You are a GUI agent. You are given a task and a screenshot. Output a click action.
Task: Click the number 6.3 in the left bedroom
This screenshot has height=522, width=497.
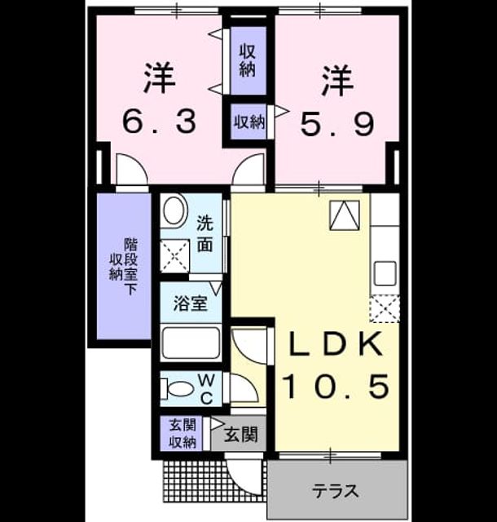tap(160, 122)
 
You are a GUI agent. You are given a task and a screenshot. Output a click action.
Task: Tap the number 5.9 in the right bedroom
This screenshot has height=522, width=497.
tap(337, 124)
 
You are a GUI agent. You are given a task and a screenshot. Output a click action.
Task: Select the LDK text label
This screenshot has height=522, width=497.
tap(336, 344)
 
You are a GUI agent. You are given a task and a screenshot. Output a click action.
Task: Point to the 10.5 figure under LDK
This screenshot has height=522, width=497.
tap(336, 386)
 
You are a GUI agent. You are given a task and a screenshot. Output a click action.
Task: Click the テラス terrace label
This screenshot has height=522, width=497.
tap(336, 491)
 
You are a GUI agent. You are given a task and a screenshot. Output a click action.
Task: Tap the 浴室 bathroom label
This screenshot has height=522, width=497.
tap(191, 303)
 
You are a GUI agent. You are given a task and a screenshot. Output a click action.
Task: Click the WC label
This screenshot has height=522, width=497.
tap(207, 388)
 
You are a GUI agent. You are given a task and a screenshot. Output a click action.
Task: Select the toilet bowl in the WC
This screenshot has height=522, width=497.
tap(178, 388)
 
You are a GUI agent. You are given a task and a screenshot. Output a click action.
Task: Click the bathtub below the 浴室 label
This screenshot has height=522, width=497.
tap(191, 343)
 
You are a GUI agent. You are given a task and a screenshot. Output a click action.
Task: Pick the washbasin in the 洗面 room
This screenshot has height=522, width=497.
tap(174, 211)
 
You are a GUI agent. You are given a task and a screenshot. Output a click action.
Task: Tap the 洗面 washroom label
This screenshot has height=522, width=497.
tap(205, 233)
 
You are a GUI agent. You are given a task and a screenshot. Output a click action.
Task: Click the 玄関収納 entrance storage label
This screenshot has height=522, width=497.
tap(183, 434)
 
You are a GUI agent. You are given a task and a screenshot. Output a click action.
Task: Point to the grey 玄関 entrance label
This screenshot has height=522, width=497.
tap(240, 434)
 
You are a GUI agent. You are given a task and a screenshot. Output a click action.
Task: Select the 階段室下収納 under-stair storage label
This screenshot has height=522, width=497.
tap(124, 267)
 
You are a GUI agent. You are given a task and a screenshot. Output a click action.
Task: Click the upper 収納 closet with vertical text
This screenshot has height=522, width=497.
tap(248, 60)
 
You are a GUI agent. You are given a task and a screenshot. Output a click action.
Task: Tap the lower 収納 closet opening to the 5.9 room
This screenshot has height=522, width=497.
tap(249, 122)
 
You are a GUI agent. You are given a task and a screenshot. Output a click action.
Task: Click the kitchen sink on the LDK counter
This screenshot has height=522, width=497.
tap(385, 273)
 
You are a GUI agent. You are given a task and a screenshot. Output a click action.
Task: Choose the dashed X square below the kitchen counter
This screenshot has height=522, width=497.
tap(385, 308)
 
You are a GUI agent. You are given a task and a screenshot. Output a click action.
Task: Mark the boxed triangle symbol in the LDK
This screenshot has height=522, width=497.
tap(345, 215)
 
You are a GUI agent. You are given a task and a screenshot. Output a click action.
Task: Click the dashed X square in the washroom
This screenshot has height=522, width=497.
tap(174, 255)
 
